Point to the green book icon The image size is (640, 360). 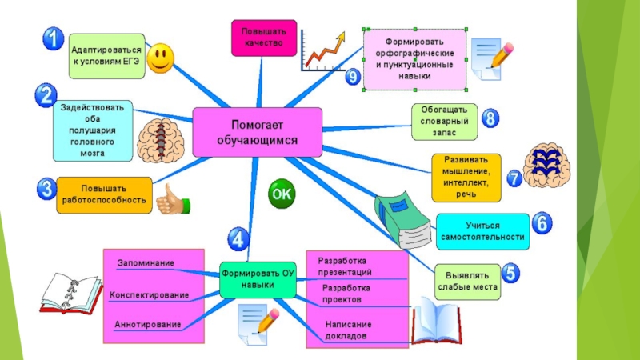click(405, 218)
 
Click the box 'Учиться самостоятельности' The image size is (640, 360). click(482, 230)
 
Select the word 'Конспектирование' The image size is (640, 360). click(149, 295)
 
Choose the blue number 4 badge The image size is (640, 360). click(237, 238)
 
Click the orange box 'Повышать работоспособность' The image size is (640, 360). click(103, 193)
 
